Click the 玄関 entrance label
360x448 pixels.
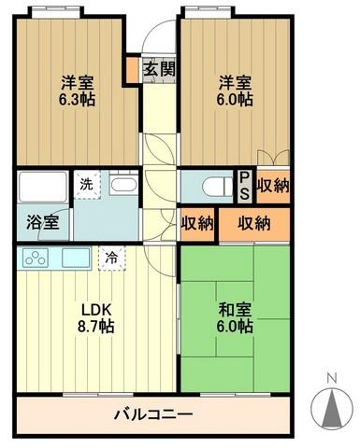156,70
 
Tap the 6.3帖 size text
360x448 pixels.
78,100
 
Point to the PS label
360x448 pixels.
244,184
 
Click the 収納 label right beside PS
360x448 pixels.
273,184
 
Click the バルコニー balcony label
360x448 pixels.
153,413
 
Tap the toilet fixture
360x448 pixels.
216,186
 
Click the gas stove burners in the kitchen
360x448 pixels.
35,259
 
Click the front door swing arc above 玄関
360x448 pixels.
158,42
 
